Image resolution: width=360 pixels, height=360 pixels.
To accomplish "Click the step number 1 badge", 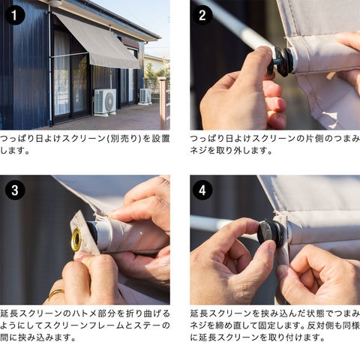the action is pos(15,15).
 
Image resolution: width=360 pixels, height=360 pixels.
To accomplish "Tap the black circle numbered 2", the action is pos(202,15).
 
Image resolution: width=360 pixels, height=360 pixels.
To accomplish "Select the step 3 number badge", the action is pos(15,190).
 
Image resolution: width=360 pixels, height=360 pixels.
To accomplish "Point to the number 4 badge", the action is pos(202,190).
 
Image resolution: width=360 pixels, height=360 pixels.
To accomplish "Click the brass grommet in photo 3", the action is pos(76,239).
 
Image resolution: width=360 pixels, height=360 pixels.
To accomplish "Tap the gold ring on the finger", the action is pos(56,293).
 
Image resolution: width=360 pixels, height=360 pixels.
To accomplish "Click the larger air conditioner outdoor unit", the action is pos(105,101).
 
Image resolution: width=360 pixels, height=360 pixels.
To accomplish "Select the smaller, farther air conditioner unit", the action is pos(145,96).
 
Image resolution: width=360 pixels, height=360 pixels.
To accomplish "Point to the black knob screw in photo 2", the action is pos(280,62).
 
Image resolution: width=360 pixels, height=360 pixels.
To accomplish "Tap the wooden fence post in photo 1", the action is pos(163,103).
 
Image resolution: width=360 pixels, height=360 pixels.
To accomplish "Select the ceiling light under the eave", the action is pos(54,2).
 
